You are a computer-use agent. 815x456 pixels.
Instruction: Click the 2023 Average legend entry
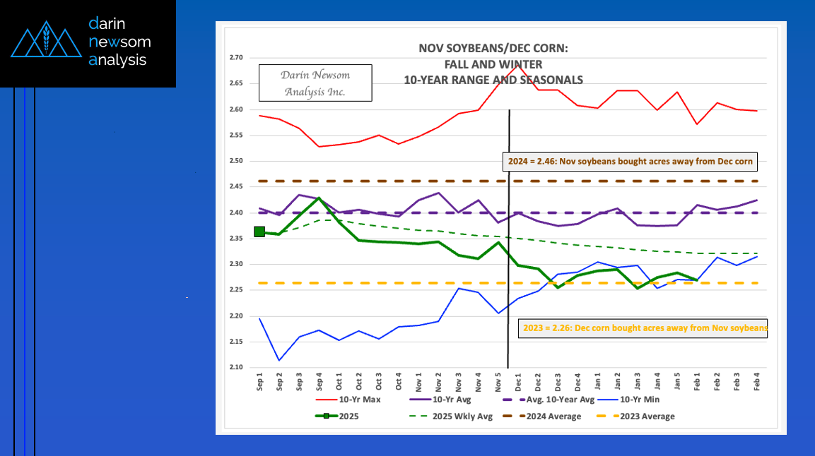point(642,416)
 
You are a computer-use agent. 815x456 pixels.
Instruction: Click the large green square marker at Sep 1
point(259,232)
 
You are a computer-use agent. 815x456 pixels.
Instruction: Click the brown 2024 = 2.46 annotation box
point(630,162)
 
